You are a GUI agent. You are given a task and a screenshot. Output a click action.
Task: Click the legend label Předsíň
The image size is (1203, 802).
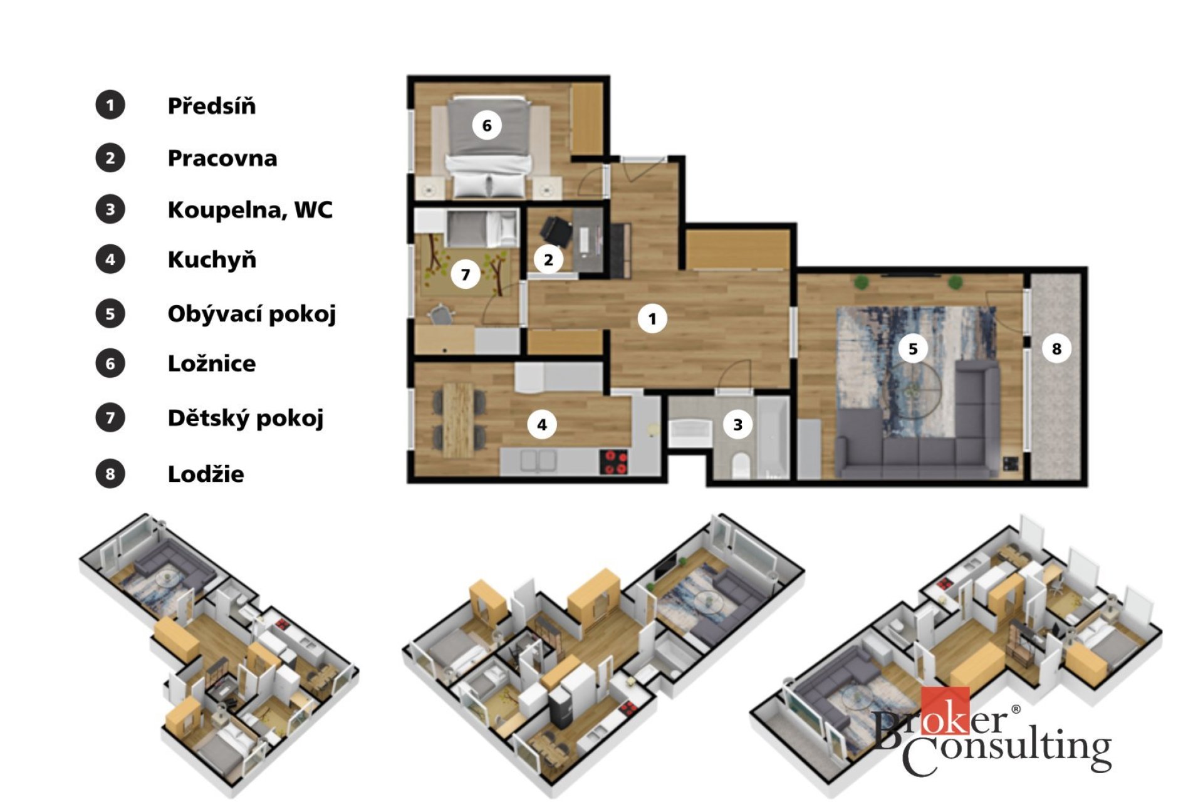tap(212, 105)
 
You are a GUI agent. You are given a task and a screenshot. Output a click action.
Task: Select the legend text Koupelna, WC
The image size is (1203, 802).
tap(250, 209)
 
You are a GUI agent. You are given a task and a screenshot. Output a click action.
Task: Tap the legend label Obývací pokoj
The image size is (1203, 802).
tap(252, 313)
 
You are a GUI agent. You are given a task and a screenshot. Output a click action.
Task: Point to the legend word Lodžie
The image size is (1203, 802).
tap(206, 474)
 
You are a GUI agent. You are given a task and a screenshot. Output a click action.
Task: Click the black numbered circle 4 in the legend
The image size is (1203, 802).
tap(110, 259)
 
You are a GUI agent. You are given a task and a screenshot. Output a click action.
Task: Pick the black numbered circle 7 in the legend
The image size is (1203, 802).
tap(110, 418)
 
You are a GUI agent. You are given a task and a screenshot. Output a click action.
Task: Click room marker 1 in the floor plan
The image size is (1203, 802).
tap(652, 319)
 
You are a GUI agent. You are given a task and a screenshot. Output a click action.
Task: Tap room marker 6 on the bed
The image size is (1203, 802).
tap(487, 126)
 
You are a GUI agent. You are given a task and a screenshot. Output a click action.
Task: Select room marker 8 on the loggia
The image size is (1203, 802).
tap(1056, 348)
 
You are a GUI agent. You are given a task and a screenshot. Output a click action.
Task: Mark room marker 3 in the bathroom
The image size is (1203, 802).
tap(738, 425)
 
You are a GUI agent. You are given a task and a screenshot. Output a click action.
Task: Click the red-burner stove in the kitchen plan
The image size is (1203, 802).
tap(614, 462)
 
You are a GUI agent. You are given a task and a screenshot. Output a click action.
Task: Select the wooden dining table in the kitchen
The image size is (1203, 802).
tap(459, 418)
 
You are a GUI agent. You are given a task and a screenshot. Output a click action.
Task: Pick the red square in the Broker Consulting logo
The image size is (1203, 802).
tap(945, 710)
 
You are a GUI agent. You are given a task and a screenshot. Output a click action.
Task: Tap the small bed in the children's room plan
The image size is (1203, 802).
tap(481, 228)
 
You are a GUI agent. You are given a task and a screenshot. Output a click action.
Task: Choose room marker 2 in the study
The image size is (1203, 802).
tap(549, 259)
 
